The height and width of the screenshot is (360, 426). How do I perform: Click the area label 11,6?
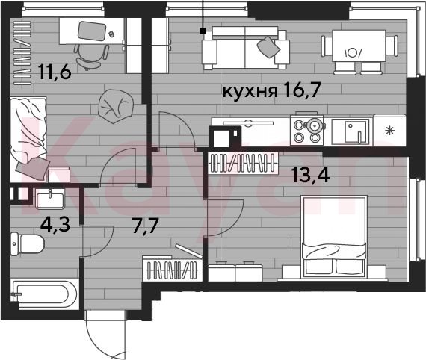click(55, 72)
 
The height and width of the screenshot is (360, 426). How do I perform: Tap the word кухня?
click(250, 91)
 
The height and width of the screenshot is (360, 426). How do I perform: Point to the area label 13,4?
click(311, 175)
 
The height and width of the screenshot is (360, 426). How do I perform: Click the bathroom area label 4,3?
click(55, 224)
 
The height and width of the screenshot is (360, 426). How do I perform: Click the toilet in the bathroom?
click(27, 243)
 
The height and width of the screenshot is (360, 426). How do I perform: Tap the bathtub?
click(45, 295)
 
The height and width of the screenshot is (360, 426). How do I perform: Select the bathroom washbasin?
click(50, 199)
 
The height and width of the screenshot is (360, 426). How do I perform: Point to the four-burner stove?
click(307, 131)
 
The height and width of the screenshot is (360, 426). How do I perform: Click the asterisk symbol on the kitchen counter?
click(390, 131)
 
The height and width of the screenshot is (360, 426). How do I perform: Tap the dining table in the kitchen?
click(359, 46)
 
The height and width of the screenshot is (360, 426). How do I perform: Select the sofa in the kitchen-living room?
click(245, 48)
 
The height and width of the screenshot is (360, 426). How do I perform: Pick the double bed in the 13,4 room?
click(334, 236)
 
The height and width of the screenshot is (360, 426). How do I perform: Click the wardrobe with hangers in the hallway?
click(172, 270)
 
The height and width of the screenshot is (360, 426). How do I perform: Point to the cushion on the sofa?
click(268, 47)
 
